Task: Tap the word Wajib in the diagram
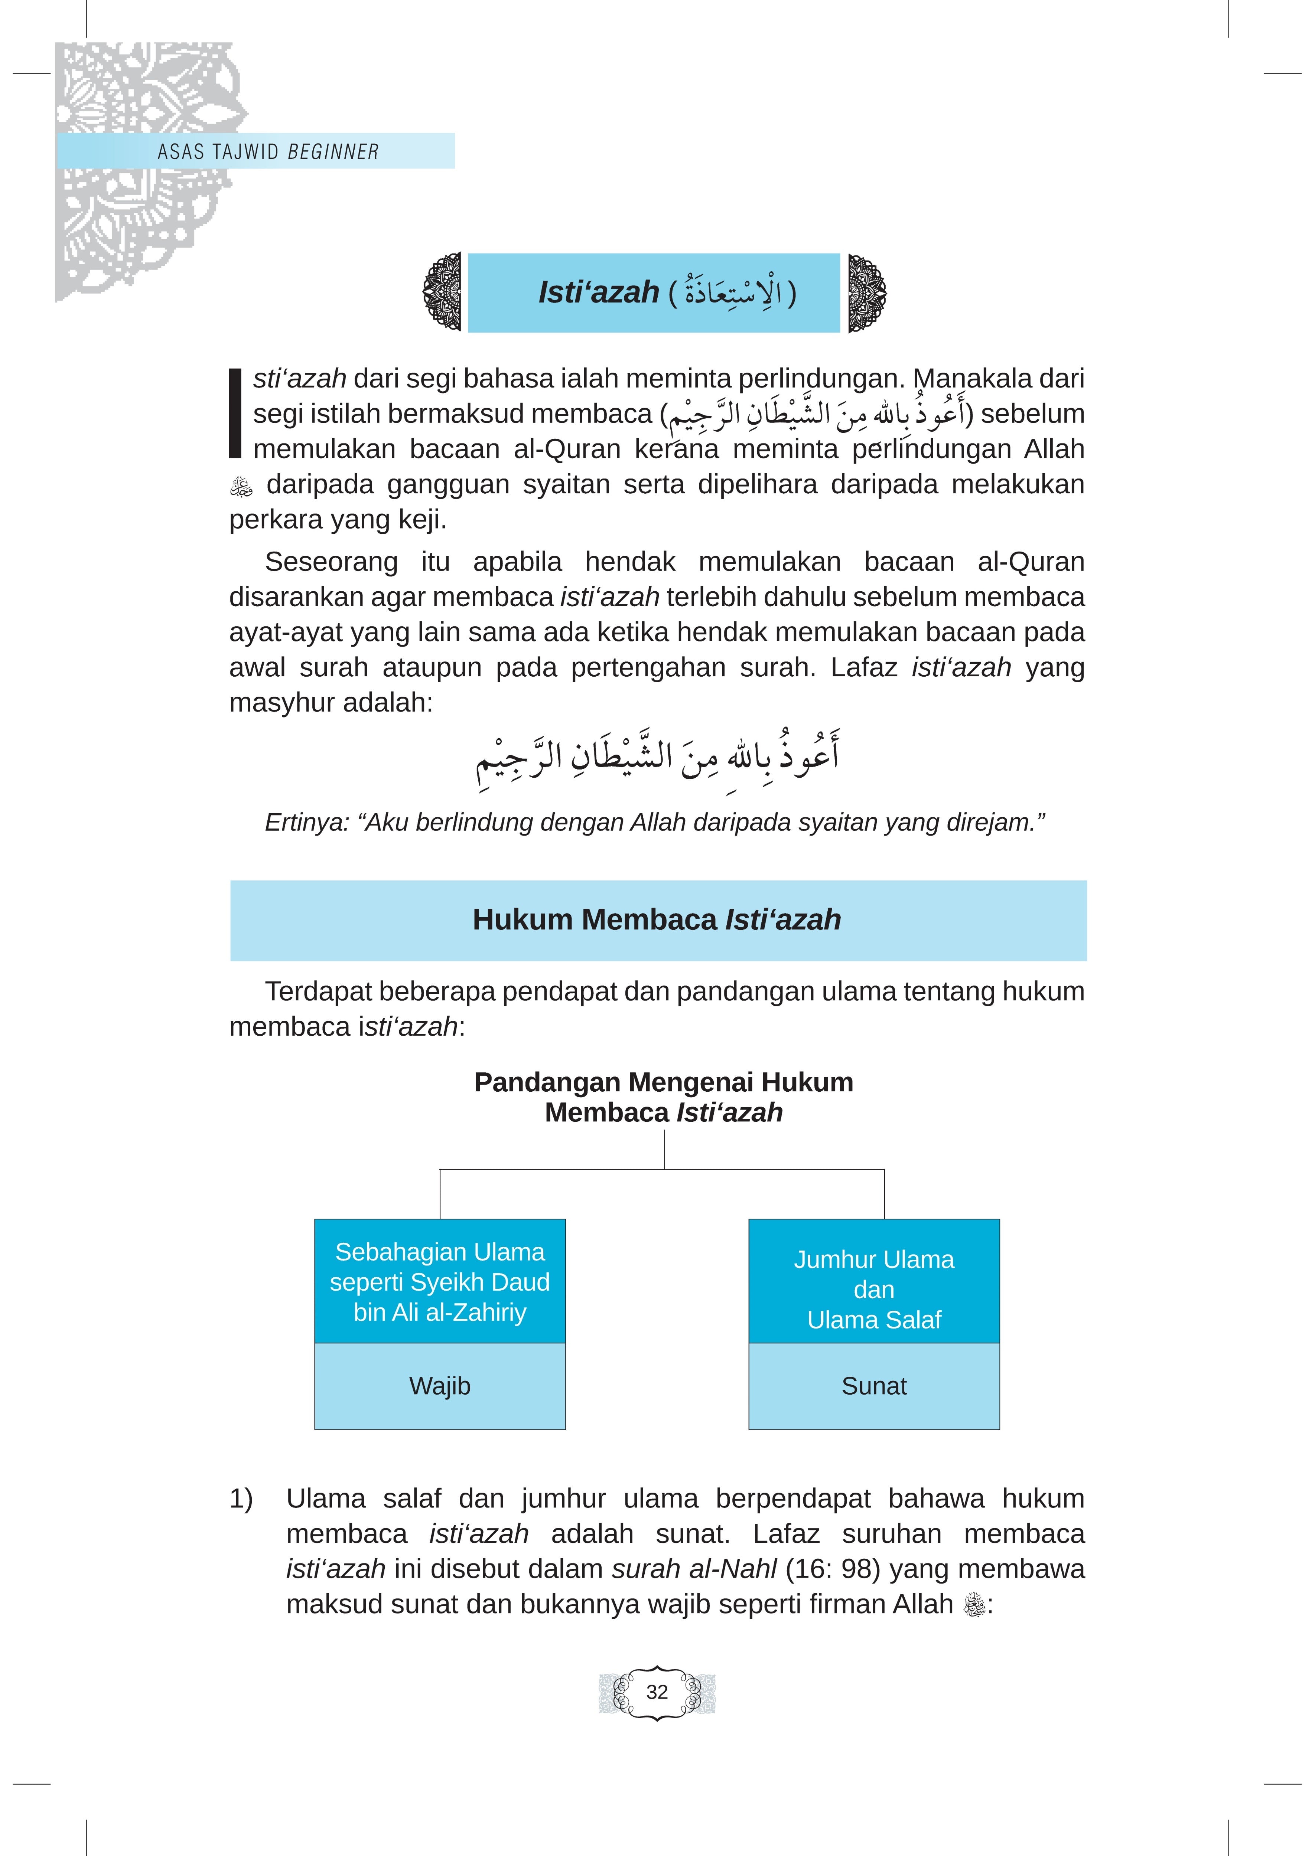(x=440, y=1386)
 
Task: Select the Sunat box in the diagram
(x=874, y=1386)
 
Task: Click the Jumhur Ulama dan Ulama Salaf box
(x=874, y=1290)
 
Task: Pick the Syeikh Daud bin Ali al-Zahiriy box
(x=440, y=1282)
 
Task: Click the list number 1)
(x=241, y=1498)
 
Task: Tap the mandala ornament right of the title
(x=866, y=292)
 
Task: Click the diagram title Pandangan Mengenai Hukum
(x=663, y=1082)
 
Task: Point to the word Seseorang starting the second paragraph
(x=331, y=562)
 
